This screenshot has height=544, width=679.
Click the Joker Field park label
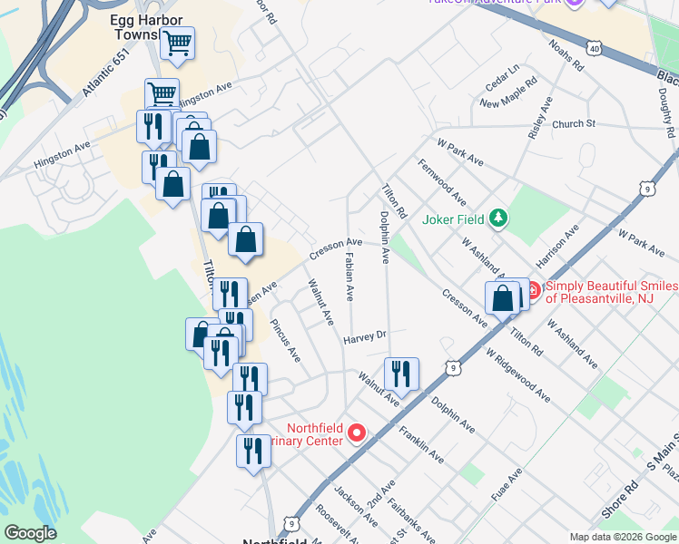pyautogui.click(x=454, y=219)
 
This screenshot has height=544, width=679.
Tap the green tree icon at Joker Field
pyautogui.click(x=497, y=218)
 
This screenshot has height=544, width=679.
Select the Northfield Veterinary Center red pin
pyautogui.click(x=357, y=433)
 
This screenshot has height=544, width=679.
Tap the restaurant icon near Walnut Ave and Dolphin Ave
pyautogui.click(x=400, y=372)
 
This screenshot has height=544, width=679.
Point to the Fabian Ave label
pyautogui.click(x=349, y=277)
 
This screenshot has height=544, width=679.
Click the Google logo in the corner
pyautogui.click(x=30, y=533)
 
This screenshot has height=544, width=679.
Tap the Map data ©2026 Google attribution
pyautogui.click(x=622, y=537)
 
